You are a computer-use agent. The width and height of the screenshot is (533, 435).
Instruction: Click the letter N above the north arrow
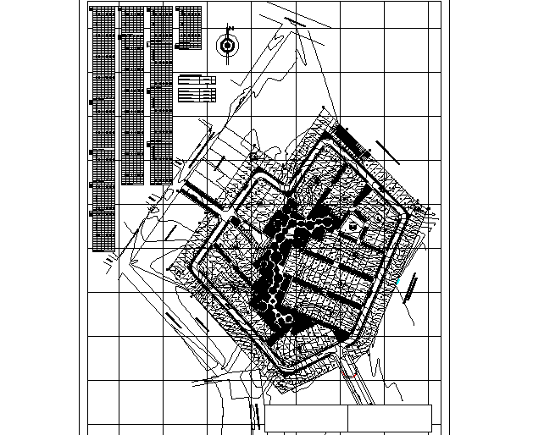coord(226,27)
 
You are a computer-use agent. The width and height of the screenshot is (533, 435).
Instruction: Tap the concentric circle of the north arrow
coord(226,45)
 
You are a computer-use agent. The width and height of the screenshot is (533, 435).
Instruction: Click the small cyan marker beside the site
coord(396,278)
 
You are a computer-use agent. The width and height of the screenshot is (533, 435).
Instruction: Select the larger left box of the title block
coord(306,417)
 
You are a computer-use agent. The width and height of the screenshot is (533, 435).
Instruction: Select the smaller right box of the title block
coord(390,417)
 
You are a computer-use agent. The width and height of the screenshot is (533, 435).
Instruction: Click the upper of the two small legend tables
coord(197,79)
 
